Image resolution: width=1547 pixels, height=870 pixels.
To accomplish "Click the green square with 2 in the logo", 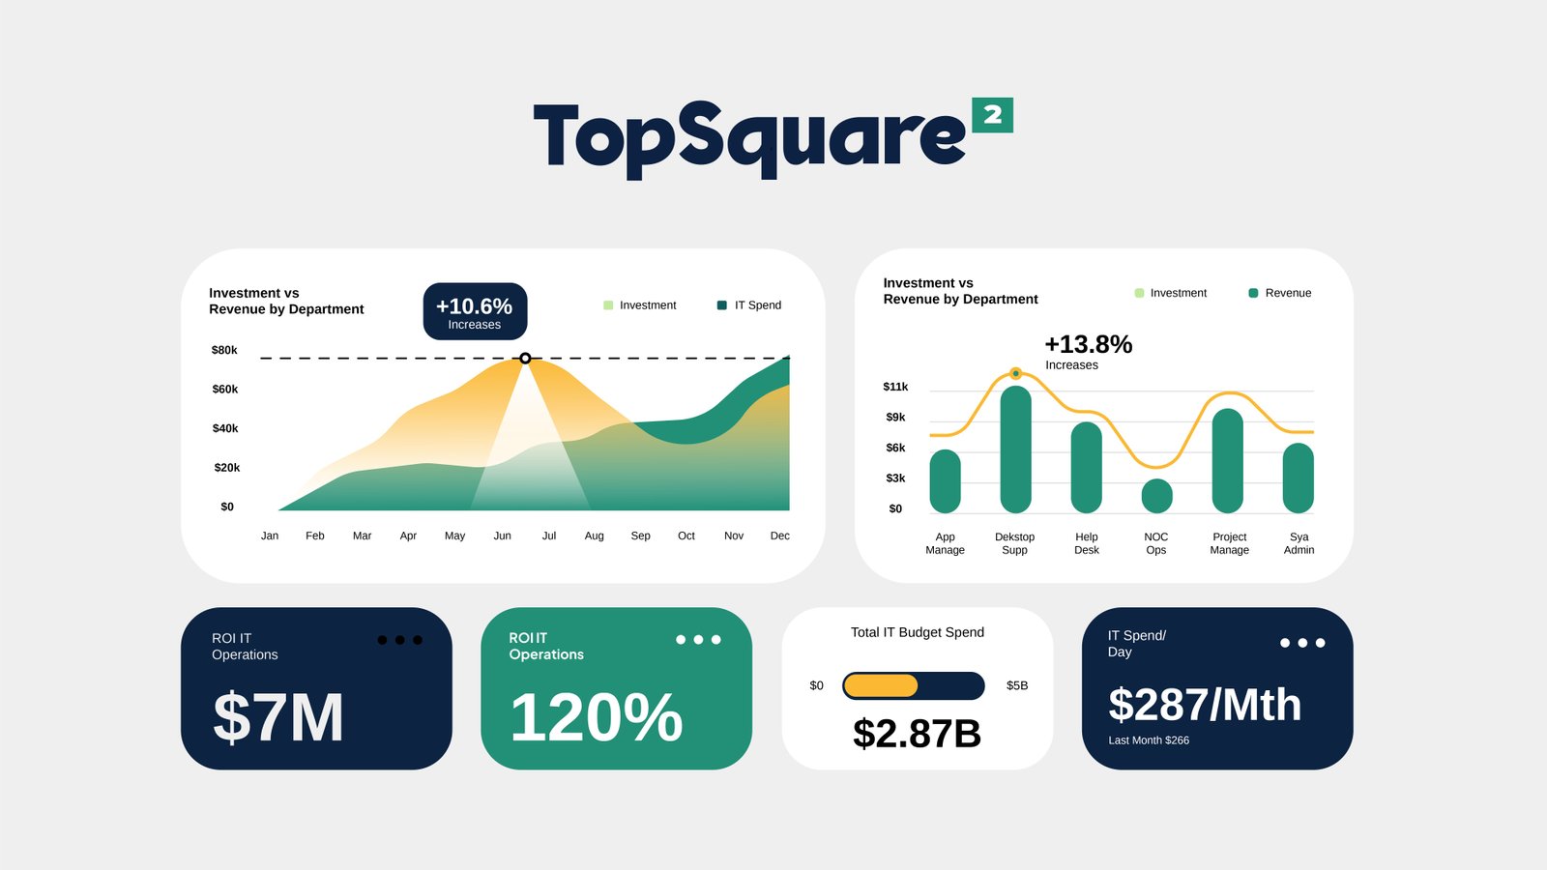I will click(x=992, y=115).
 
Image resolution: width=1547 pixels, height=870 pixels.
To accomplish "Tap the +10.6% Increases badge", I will click(x=475, y=311).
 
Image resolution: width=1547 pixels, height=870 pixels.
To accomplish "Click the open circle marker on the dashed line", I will click(x=525, y=358).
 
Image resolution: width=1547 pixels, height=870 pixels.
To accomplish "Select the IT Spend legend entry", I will click(x=749, y=305).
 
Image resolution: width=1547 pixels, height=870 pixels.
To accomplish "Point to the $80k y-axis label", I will click(x=224, y=350).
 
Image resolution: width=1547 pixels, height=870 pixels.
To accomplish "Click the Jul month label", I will click(x=549, y=536).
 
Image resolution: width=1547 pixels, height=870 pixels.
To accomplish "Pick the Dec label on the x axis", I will click(x=779, y=536).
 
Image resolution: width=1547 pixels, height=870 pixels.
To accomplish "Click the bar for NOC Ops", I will click(x=1156, y=496).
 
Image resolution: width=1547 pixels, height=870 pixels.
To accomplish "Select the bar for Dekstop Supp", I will click(x=1015, y=449).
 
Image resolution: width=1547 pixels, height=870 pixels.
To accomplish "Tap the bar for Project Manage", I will click(x=1228, y=461).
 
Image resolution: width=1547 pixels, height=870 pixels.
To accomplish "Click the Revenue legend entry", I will click(x=1280, y=293).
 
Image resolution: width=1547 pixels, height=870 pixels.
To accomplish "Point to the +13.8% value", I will click(x=1088, y=345).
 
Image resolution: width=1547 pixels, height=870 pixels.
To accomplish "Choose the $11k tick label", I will click(x=895, y=387).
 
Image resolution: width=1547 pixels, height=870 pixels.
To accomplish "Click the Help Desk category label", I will click(x=1087, y=543).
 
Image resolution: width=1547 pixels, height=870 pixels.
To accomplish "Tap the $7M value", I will click(x=278, y=717).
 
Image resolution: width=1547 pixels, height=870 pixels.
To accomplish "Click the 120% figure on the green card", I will click(x=597, y=717).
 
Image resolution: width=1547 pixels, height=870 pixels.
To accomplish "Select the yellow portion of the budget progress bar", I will click(x=880, y=685).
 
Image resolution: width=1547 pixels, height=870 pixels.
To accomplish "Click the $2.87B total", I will click(x=917, y=734).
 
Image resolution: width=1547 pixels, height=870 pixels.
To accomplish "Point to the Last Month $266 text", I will click(x=1149, y=740).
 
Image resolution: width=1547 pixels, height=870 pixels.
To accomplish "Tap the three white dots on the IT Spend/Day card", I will click(x=1302, y=643).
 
